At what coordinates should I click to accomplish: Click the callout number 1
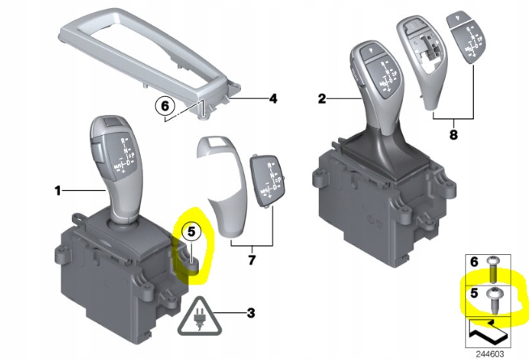pos(57,191)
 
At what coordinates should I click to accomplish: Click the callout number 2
pos(321,100)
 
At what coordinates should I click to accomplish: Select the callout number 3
pos(252,312)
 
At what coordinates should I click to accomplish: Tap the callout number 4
pos(273,100)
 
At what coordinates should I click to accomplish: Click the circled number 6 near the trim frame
pos(164,105)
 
